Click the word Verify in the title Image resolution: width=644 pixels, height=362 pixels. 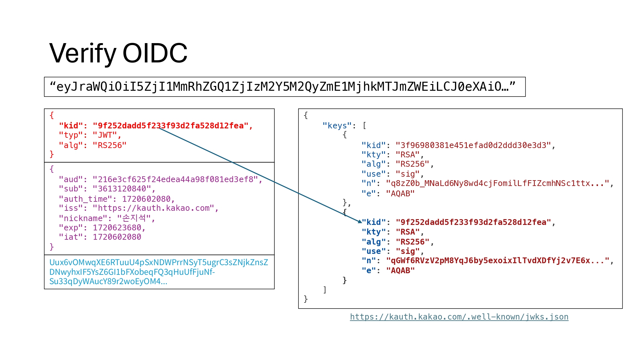pyautogui.click(x=83, y=53)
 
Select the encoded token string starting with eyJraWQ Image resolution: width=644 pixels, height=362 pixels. pyautogui.click(x=282, y=87)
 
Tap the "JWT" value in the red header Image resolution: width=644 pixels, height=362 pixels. pyautogui.click(x=105, y=135)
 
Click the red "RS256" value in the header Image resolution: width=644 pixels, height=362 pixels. pyautogui.click(x=109, y=145)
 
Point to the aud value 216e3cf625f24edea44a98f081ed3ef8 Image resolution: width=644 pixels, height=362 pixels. pyautogui.click(x=175, y=179)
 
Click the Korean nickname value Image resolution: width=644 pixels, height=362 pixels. pyautogui.click(x=134, y=218)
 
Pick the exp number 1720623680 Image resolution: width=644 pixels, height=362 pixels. pyautogui.click(x=117, y=227)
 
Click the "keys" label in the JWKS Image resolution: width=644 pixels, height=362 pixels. pyautogui.click(x=337, y=125)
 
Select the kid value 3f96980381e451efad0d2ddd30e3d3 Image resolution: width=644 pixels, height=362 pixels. pyautogui.click(x=473, y=145)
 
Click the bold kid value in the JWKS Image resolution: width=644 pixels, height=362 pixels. pyautogui.click(x=473, y=222)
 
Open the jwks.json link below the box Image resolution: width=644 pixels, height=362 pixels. pyautogui.click(x=459, y=317)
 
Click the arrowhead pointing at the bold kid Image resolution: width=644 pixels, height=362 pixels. pyautogui.click(x=360, y=221)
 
